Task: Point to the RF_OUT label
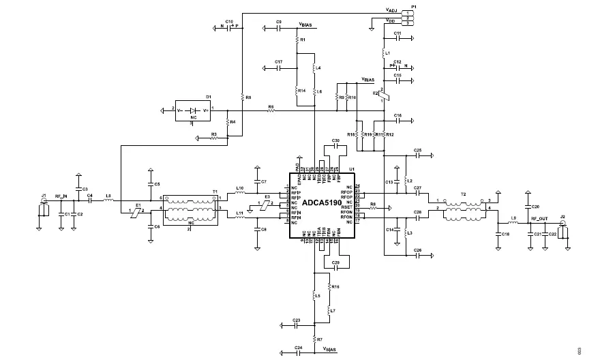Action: pos(539,219)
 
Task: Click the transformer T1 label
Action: pos(215,192)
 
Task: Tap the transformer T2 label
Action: pos(462,194)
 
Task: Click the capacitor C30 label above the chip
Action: pos(335,140)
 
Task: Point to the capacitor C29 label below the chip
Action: pos(335,262)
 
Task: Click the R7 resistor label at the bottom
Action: pos(319,339)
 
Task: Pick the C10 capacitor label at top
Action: pos(229,22)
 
